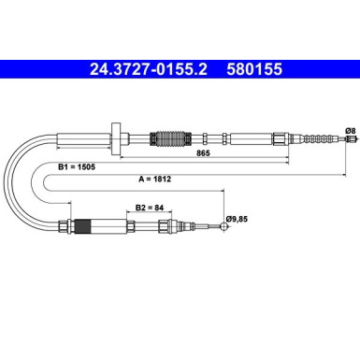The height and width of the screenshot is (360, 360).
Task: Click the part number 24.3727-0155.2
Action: tap(149, 69)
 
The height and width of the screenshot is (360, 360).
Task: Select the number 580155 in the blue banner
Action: tap(254, 69)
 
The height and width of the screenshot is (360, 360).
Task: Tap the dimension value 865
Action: tap(203, 153)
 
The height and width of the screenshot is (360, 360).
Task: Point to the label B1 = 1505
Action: tap(77, 167)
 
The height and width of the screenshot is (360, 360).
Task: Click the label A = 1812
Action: tap(155, 179)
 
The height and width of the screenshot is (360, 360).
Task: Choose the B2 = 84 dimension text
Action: tap(150, 208)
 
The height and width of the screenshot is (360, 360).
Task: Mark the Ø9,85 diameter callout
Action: tap(237, 219)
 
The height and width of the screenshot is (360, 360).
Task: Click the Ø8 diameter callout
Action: tap(350, 130)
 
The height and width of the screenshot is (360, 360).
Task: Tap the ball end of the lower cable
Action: tap(223, 226)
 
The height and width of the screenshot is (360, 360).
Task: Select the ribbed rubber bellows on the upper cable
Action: tap(170, 138)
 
